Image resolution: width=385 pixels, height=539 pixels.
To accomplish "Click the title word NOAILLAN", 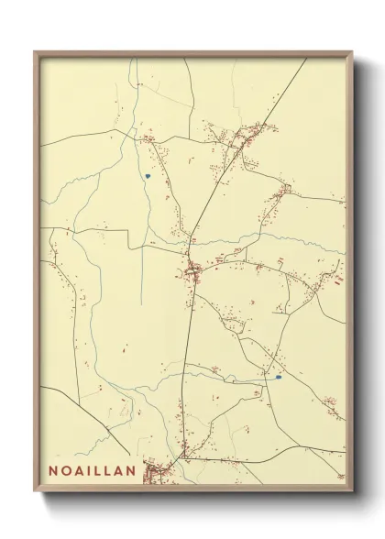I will click(x=93, y=471).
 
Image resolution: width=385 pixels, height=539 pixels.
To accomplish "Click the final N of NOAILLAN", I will click(x=131, y=471).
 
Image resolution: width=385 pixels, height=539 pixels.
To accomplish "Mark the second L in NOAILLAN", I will click(x=108, y=471).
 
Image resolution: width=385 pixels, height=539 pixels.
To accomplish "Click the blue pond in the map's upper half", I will click(x=147, y=176).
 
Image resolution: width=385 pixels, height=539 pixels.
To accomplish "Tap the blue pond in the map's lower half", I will click(x=278, y=376).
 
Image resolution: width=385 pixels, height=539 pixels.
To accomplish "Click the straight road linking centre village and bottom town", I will click(x=184, y=367).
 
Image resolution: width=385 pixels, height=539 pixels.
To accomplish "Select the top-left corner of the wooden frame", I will click(x=35, y=52).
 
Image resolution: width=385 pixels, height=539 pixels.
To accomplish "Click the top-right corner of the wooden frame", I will click(x=353, y=52).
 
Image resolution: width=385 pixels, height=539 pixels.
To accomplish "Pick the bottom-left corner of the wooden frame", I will click(x=35, y=489).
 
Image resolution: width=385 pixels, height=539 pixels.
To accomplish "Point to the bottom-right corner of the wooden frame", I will click(x=353, y=489).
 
